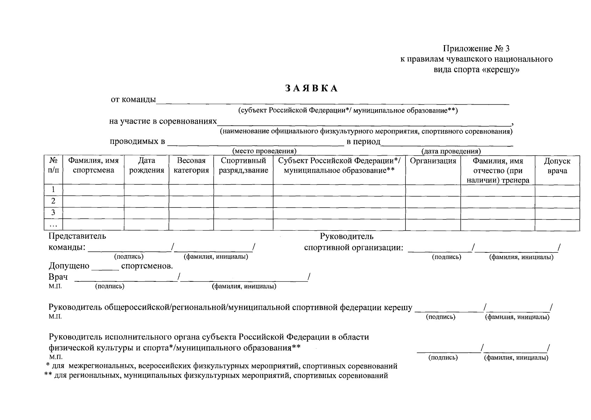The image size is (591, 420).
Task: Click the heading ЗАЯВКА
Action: [311, 89]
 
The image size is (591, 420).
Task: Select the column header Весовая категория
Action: [191, 166]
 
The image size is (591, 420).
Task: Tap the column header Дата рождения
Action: [146, 166]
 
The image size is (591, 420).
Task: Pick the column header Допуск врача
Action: [557, 166]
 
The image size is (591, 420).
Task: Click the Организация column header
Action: [433, 161]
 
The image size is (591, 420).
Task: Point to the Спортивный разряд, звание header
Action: [243, 166]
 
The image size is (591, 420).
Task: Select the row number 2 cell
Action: [53, 201]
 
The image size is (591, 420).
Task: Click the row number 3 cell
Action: [53, 212]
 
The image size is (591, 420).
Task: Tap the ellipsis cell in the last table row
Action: [53, 224]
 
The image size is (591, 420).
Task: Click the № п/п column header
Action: [53, 166]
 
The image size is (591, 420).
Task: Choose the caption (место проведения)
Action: [264, 151]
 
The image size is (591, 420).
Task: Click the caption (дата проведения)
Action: [451, 151]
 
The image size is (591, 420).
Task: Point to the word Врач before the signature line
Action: [58, 277]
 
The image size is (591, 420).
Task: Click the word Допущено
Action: [69, 266]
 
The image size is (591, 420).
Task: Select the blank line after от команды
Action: [333, 101]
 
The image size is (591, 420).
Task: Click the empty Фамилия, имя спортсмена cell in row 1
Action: [93, 190]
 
